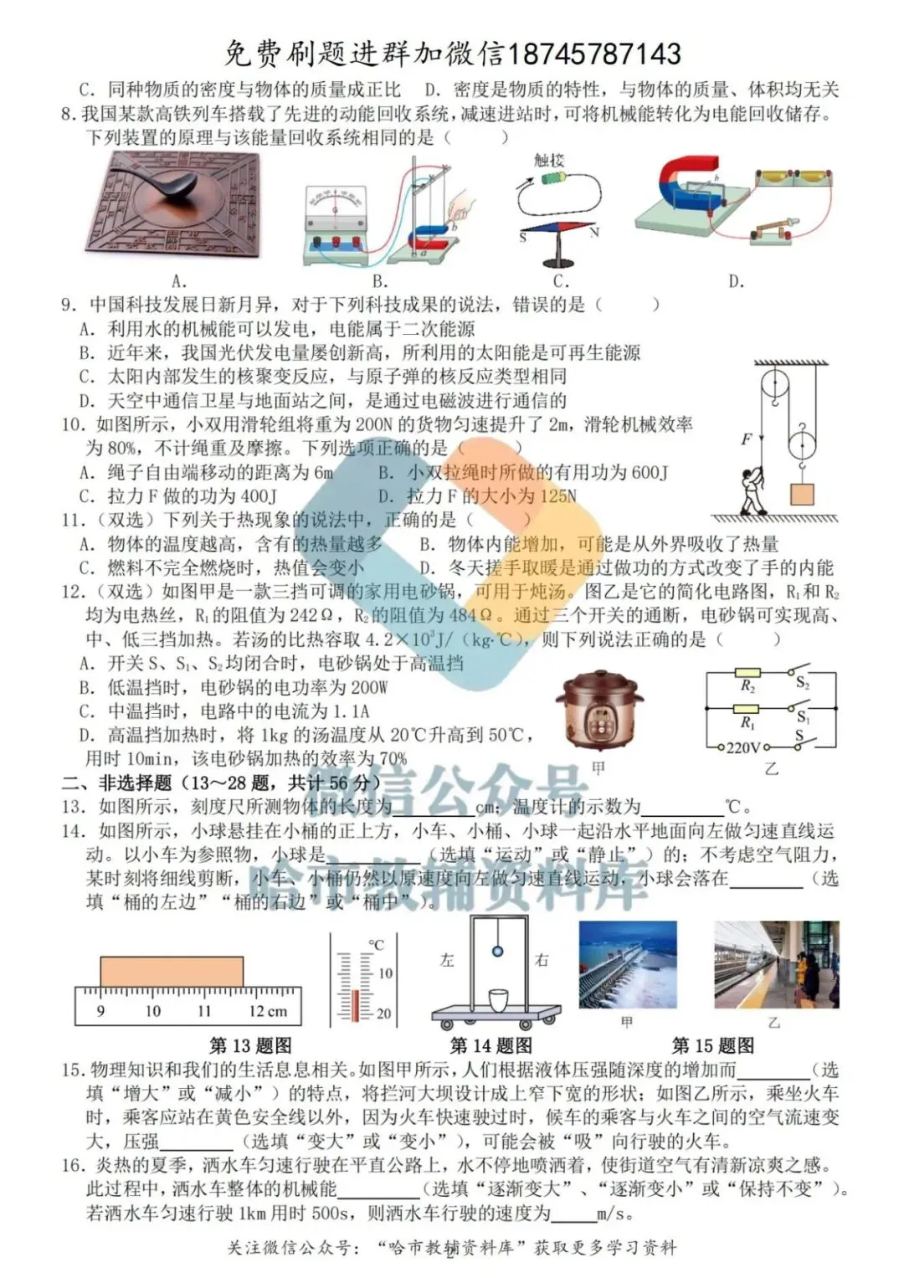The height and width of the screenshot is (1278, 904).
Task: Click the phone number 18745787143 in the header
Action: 593,54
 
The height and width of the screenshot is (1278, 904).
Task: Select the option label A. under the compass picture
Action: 177,282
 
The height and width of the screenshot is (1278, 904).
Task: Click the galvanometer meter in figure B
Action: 336,205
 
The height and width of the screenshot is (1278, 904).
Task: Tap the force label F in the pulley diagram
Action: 746,439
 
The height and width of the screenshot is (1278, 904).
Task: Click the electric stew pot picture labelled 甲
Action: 599,711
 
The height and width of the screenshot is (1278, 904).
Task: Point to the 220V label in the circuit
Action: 742,747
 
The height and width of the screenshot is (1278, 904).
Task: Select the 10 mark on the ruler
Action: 152,1011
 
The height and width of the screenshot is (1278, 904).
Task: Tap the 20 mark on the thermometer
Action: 383,1014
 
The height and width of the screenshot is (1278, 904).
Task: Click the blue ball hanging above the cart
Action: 497,951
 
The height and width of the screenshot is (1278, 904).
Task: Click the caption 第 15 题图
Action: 713,1045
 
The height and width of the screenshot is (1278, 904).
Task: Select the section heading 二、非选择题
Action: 116,783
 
